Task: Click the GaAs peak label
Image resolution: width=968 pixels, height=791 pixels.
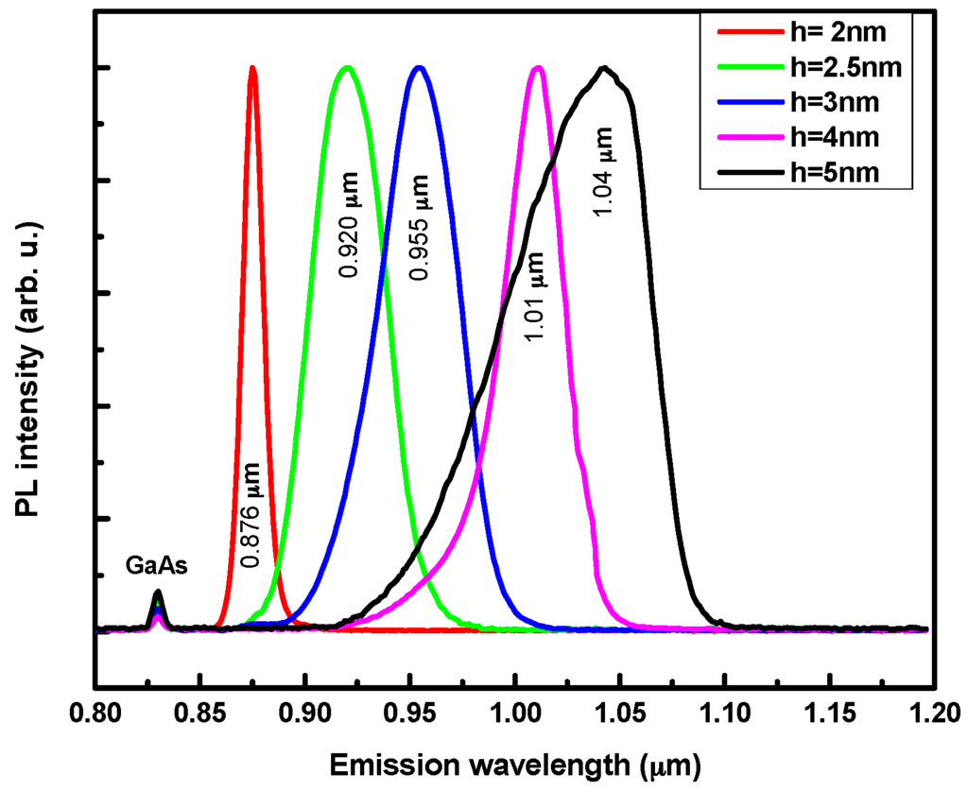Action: pyautogui.click(x=157, y=567)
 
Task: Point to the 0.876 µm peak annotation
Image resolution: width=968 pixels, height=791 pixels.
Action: pyautogui.click(x=251, y=514)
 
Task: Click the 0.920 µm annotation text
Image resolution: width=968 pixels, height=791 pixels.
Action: pyautogui.click(x=350, y=225)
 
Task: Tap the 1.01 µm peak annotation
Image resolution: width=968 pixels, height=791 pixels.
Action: pyautogui.click(x=536, y=297)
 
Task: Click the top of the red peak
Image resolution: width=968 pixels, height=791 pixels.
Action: pyautogui.click(x=252, y=68)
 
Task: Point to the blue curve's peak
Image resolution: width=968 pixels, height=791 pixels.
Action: pyautogui.click(x=420, y=68)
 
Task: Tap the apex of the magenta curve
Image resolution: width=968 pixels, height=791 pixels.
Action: pyautogui.click(x=537, y=68)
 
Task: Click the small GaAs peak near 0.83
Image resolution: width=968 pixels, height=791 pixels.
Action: pyautogui.click(x=158, y=594)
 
